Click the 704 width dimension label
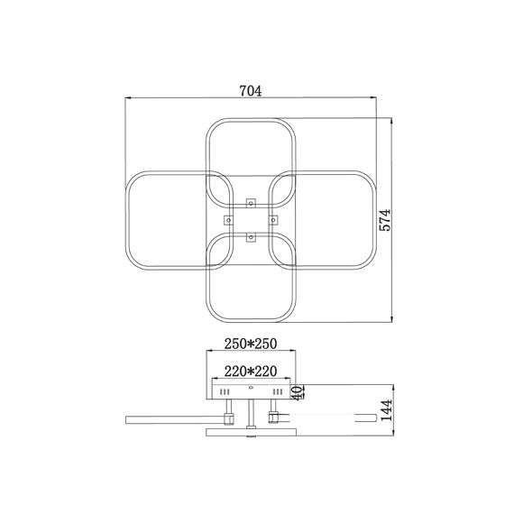pyautogui.click(x=251, y=91)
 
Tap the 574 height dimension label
pyautogui.click(x=385, y=220)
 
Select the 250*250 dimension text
pyautogui.click(x=251, y=344)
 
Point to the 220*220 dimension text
pyautogui.click(x=251, y=372)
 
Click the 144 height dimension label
pyautogui.click(x=386, y=410)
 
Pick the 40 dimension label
pyautogui.click(x=298, y=392)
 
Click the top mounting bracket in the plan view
pyautogui.click(x=251, y=203)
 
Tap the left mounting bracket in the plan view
pyautogui.click(x=228, y=220)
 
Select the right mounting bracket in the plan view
pyautogui.click(x=273, y=220)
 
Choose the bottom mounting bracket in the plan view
pyautogui.click(x=251, y=237)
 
